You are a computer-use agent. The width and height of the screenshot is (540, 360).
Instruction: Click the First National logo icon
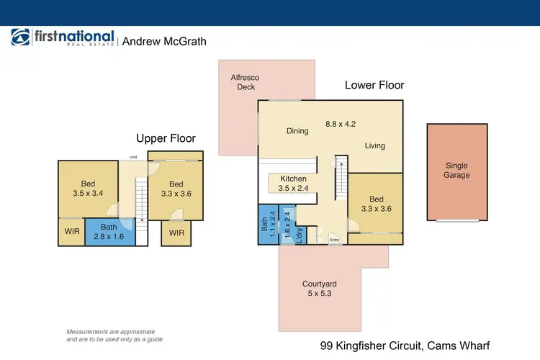coord(20,39)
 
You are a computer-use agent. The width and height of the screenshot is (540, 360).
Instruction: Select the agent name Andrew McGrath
coord(164,42)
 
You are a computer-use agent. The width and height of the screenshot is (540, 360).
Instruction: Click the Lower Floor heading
coord(374,85)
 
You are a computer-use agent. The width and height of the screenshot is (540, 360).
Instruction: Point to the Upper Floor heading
coord(166,138)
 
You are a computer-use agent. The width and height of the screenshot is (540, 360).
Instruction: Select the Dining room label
coord(297,131)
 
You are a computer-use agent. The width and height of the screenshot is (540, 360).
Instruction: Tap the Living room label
coord(374,145)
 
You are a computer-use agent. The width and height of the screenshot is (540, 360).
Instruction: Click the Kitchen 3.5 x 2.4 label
coord(294,184)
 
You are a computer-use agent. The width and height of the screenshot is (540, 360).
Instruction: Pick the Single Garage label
coord(456,170)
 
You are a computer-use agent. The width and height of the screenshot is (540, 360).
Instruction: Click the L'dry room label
coord(299,235)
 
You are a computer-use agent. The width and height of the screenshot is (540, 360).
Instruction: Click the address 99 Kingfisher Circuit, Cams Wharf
coord(405,345)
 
